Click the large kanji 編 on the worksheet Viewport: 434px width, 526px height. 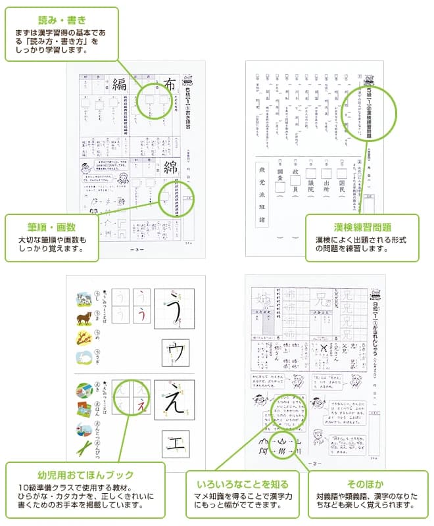(x=119, y=84)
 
